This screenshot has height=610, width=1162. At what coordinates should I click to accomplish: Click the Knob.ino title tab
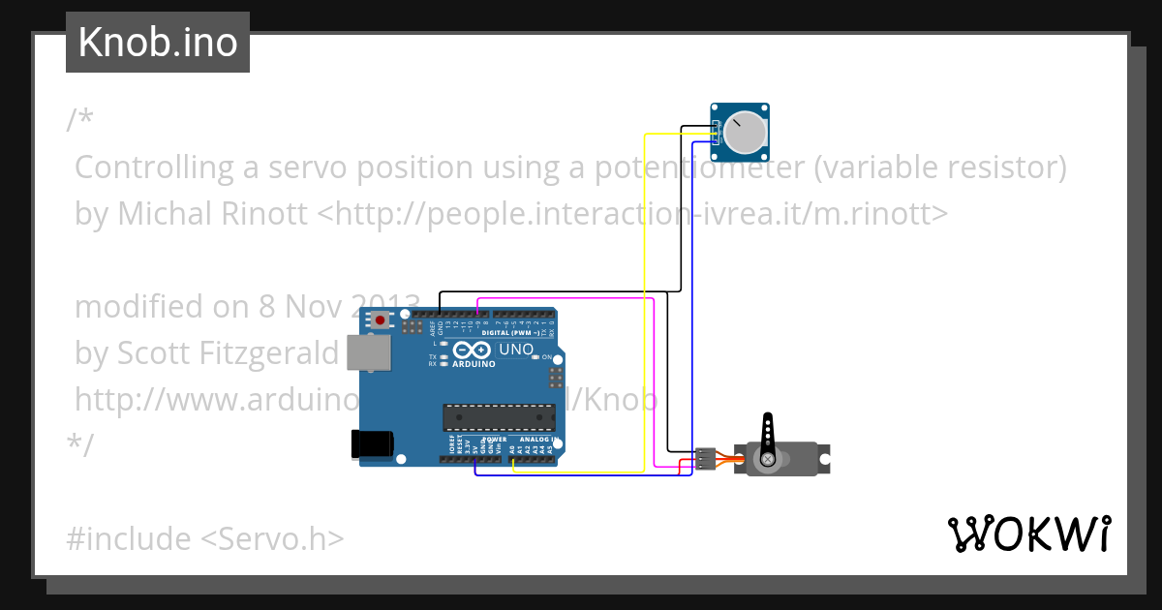158,43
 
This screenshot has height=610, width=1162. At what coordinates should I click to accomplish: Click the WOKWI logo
1027,534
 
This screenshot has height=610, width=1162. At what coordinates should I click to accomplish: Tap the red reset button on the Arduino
381,320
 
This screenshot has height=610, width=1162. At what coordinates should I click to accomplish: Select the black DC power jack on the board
372,443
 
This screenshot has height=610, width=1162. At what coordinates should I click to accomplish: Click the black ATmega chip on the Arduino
499,416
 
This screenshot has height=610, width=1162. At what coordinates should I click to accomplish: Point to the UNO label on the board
515,349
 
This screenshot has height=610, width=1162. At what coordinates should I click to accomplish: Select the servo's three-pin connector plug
706,458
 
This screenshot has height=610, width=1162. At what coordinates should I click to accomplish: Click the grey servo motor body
784,459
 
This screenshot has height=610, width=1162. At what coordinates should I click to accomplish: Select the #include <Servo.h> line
205,537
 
